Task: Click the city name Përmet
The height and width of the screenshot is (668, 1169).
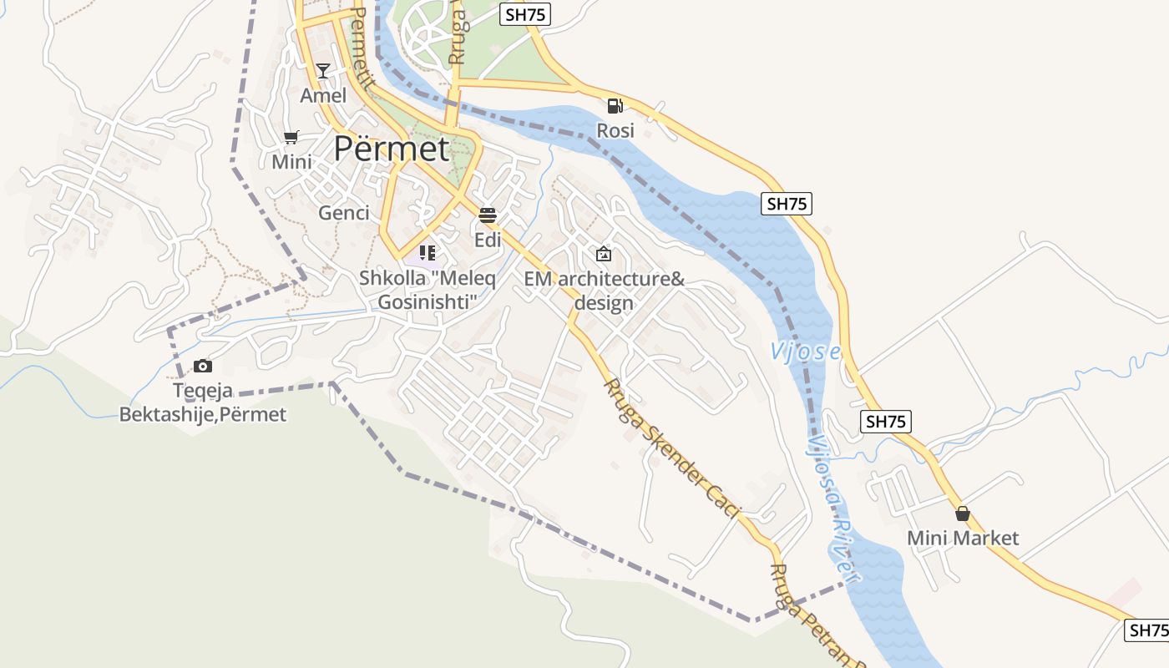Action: coord(392,149)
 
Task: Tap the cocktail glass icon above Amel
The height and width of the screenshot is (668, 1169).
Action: coord(323,71)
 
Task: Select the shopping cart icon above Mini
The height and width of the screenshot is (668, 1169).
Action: coord(291,137)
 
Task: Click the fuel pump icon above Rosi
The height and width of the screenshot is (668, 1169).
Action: coord(615,106)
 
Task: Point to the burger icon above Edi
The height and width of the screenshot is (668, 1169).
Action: coord(488,215)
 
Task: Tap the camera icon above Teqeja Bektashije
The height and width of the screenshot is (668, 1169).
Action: coord(202,366)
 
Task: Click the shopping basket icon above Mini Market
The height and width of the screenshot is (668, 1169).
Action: coord(963,514)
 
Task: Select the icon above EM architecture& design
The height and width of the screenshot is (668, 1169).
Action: coord(604,254)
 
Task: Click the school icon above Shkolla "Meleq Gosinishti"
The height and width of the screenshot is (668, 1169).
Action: coord(428,252)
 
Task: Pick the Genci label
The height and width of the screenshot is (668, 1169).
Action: coord(344,213)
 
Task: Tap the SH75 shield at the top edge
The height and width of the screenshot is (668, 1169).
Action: coord(525,14)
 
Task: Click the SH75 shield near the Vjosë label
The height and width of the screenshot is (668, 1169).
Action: coord(787,204)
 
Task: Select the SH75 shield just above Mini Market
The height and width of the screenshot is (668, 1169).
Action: coord(885,422)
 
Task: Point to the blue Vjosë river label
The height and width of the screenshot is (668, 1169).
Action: coord(805,351)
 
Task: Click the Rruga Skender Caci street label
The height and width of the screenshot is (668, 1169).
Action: coord(672,449)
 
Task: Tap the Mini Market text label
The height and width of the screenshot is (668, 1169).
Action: coord(963,539)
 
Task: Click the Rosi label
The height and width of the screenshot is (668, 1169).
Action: coord(615,131)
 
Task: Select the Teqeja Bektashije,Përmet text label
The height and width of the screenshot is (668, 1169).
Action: coord(202,402)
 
